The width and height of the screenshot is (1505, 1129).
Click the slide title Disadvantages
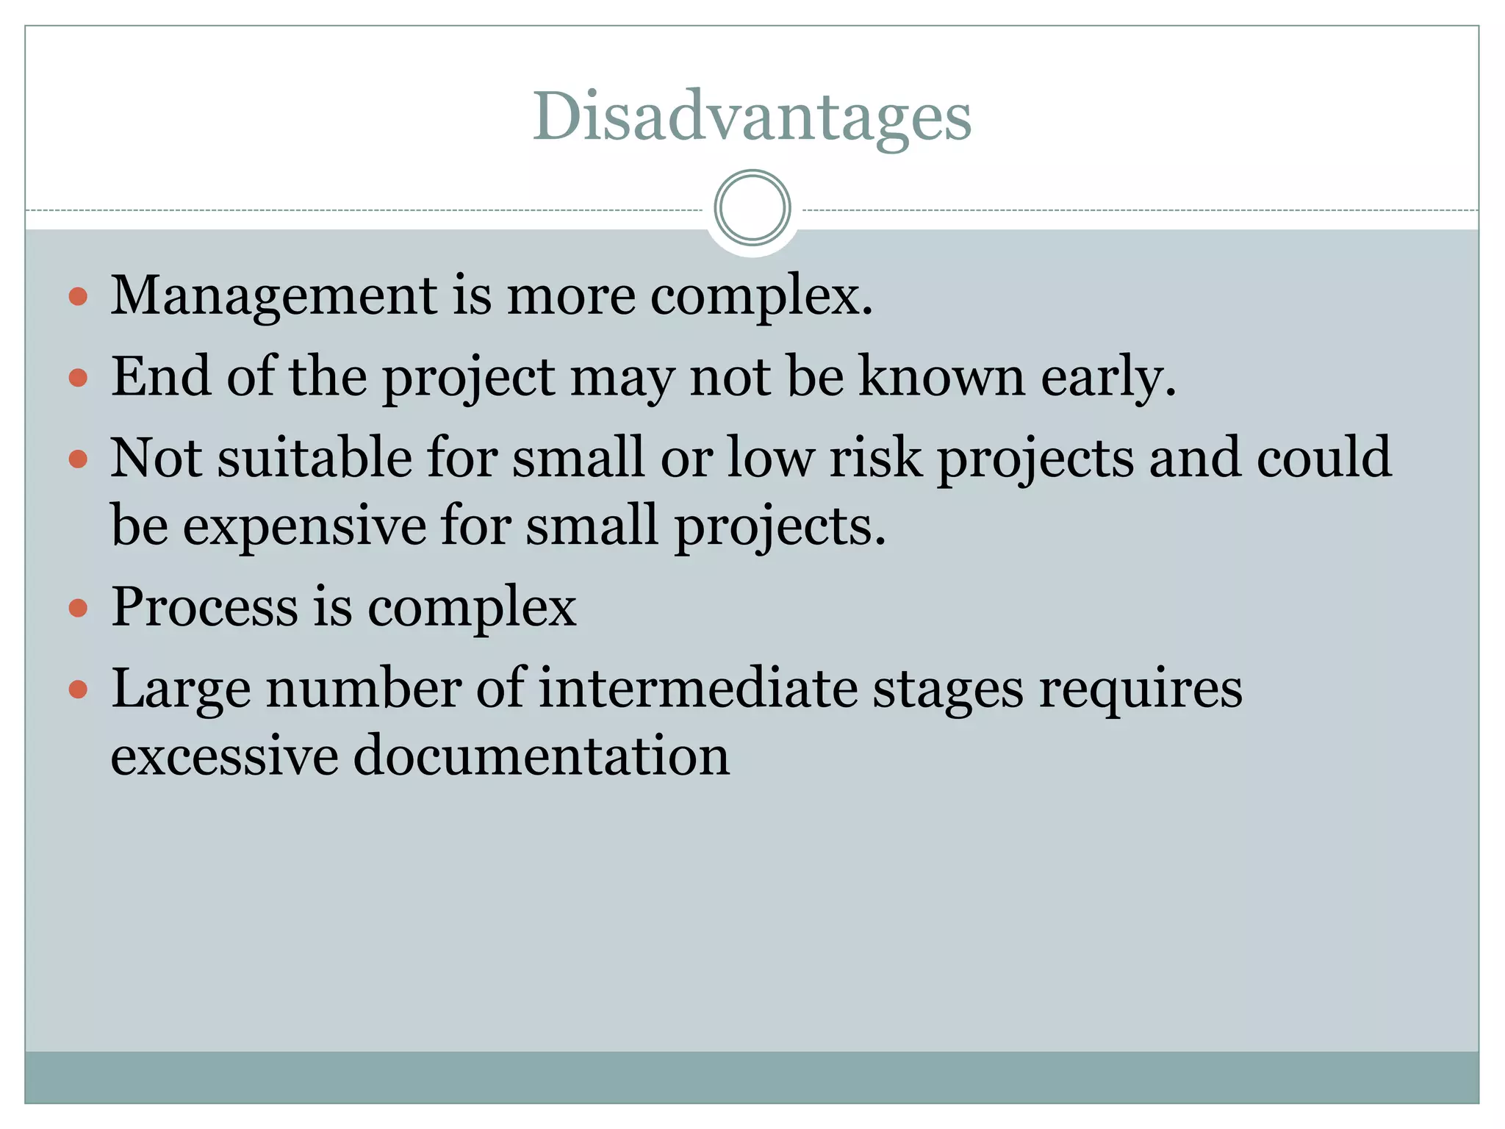(752, 117)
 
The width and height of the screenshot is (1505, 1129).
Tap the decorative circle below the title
(752, 208)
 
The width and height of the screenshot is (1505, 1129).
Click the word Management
(273, 296)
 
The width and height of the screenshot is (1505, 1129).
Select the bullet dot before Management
(78, 297)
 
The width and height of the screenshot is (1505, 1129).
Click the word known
(942, 376)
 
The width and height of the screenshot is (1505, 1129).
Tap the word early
(1107, 378)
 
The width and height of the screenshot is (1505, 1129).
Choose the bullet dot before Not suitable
(78, 460)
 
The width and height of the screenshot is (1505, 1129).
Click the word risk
(876, 458)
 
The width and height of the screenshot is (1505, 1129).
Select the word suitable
(315, 458)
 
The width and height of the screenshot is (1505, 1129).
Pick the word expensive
(304, 526)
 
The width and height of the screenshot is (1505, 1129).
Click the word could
(1323, 458)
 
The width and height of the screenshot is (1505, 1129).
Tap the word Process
(205, 607)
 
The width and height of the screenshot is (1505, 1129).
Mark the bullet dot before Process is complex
(78, 609)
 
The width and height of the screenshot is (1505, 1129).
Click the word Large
(181, 689)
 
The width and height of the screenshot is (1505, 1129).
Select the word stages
(947, 691)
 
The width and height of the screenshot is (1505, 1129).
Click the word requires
(1140, 691)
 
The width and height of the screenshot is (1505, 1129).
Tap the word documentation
(542, 756)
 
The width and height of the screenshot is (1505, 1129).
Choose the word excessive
(224, 756)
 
